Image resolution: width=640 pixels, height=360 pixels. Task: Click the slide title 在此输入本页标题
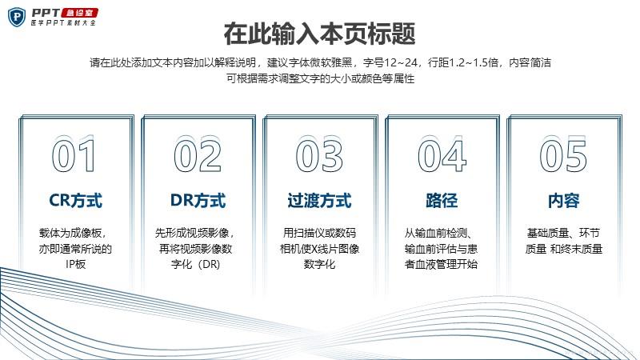pyautogui.click(x=319, y=34)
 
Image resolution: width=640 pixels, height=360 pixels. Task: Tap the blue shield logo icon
pyautogui.click(x=17, y=17)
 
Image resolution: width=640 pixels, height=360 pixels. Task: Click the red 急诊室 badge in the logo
pyautogui.click(x=79, y=13)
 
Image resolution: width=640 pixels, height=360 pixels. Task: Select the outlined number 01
pyautogui.click(x=74, y=155)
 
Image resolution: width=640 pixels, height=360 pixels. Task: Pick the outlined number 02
pyautogui.click(x=198, y=155)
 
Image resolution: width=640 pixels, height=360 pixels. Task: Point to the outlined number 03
pyautogui.click(x=319, y=155)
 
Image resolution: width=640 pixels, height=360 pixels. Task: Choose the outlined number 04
pyautogui.click(x=442, y=155)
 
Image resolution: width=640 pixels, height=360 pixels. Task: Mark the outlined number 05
pyautogui.click(x=563, y=155)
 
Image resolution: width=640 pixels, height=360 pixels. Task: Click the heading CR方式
pyautogui.click(x=75, y=201)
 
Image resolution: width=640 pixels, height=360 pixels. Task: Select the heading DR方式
pyautogui.click(x=198, y=201)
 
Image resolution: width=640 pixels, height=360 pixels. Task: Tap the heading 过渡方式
pyautogui.click(x=319, y=201)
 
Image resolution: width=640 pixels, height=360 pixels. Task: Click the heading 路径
pyautogui.click(x=442, y=201)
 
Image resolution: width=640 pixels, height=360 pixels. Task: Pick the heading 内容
pyautogui.click(x=564, y=201)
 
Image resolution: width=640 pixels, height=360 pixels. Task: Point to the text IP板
pyautogui.click(x=75, y=264)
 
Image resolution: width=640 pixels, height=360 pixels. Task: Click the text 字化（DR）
pyautogui.click(x=195, y=264)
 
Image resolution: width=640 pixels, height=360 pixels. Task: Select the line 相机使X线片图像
pyautogui.click(x=319, y=249)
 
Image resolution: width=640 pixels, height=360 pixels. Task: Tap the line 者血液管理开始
pyautogui.click(x=441, y=264)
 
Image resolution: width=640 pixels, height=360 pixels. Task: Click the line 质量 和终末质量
pyautogui.click(x=564, y=249)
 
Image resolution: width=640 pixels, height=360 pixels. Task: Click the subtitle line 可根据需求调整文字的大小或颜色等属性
pyautogui.click(x=321, y=78)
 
